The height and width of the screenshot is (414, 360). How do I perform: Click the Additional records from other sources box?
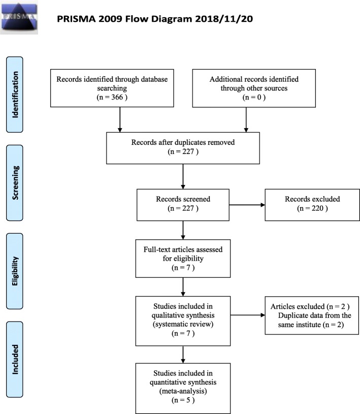pyautogui.click(x=246, y=83)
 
